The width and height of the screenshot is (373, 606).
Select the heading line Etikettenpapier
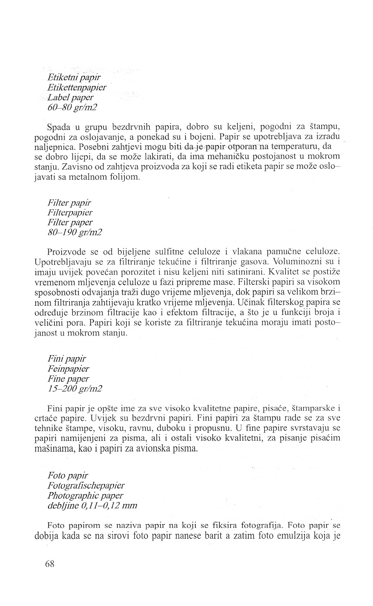point(77,87)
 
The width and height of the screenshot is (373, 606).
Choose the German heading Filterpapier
point(70,212)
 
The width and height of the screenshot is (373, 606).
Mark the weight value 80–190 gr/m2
point(75,232)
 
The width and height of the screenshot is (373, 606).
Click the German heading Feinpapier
point(68,368)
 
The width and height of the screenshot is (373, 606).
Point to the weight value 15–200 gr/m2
point(75,388)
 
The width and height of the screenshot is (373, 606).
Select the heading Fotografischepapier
point(86,486)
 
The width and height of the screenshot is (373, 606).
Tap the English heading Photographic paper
point(85,495)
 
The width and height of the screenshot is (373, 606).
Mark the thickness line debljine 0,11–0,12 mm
point(93,506)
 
